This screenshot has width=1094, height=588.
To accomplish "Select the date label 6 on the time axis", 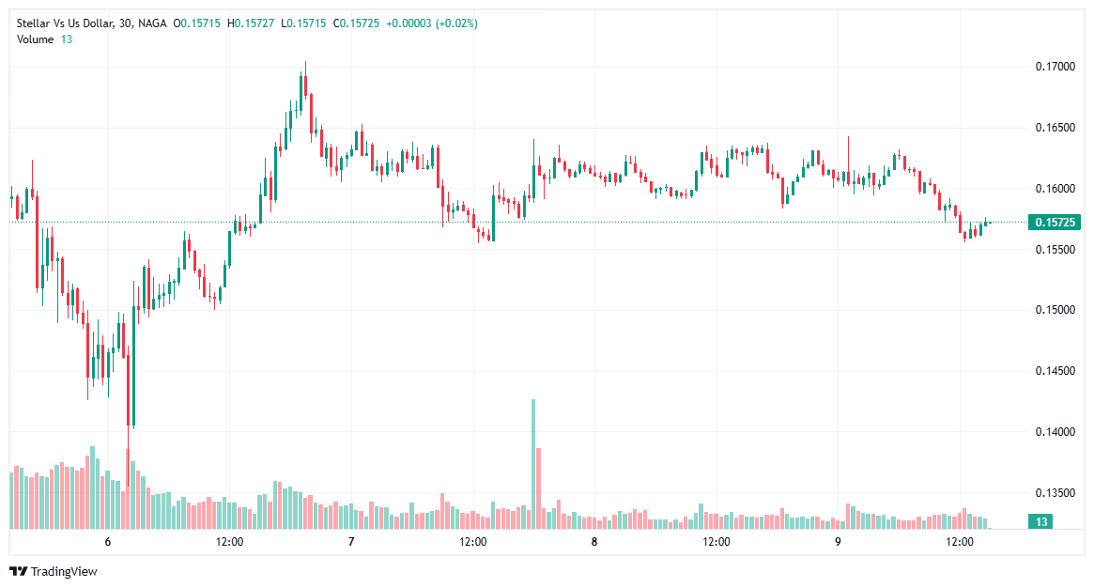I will [108, 542].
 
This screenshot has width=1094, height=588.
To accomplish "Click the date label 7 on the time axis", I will [351, 542].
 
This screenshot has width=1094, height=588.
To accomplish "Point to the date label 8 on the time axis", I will [594, 542].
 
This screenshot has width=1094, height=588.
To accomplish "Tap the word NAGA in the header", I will [152, 23].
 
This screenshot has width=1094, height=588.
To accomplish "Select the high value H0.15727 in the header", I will [253, 23].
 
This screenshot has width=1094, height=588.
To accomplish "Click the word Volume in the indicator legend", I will [35, 39].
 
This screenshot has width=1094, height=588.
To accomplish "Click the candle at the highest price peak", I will [305, 85].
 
